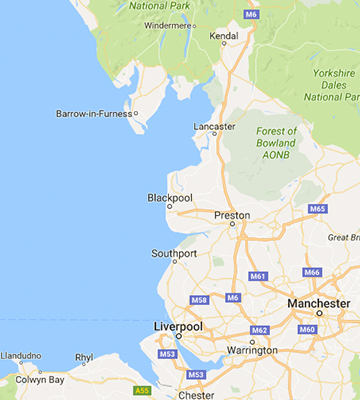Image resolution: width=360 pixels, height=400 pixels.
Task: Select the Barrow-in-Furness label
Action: pyautogui.click(x=95, y=114)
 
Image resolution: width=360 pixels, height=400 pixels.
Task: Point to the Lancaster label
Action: pyautogui.click(x=216, y=127)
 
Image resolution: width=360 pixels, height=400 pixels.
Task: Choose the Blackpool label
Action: pyautogui.click(x=169, y=197)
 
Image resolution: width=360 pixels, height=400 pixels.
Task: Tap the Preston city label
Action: pyautogui.click(x=233, y=215)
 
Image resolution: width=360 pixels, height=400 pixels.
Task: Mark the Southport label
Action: pyautogui.click(x=174, y=253)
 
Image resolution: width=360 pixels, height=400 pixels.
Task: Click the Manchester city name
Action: pyautogui.click(x=317, y=303)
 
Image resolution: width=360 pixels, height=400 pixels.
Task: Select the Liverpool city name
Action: pyautogui.click(x=178, y=327)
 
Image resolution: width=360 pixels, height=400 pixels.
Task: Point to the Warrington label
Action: pyautogui.click(x=252, y=350)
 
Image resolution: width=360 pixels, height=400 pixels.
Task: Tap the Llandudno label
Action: pyautogui.click(x=21, y=355)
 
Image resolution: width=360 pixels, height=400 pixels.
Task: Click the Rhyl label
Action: pyautogui.click(x=84, y=356)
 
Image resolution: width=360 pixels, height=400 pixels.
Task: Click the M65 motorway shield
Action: pyautogui.click(x=318, y=208)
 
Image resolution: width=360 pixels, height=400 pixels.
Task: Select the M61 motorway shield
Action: pyautogui.click(x=258, y=276)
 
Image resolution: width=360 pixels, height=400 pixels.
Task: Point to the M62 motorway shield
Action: pyautogui.click(x=259, y=330)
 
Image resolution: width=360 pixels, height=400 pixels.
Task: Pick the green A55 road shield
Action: pyautogui.click(x=142, y=390)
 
